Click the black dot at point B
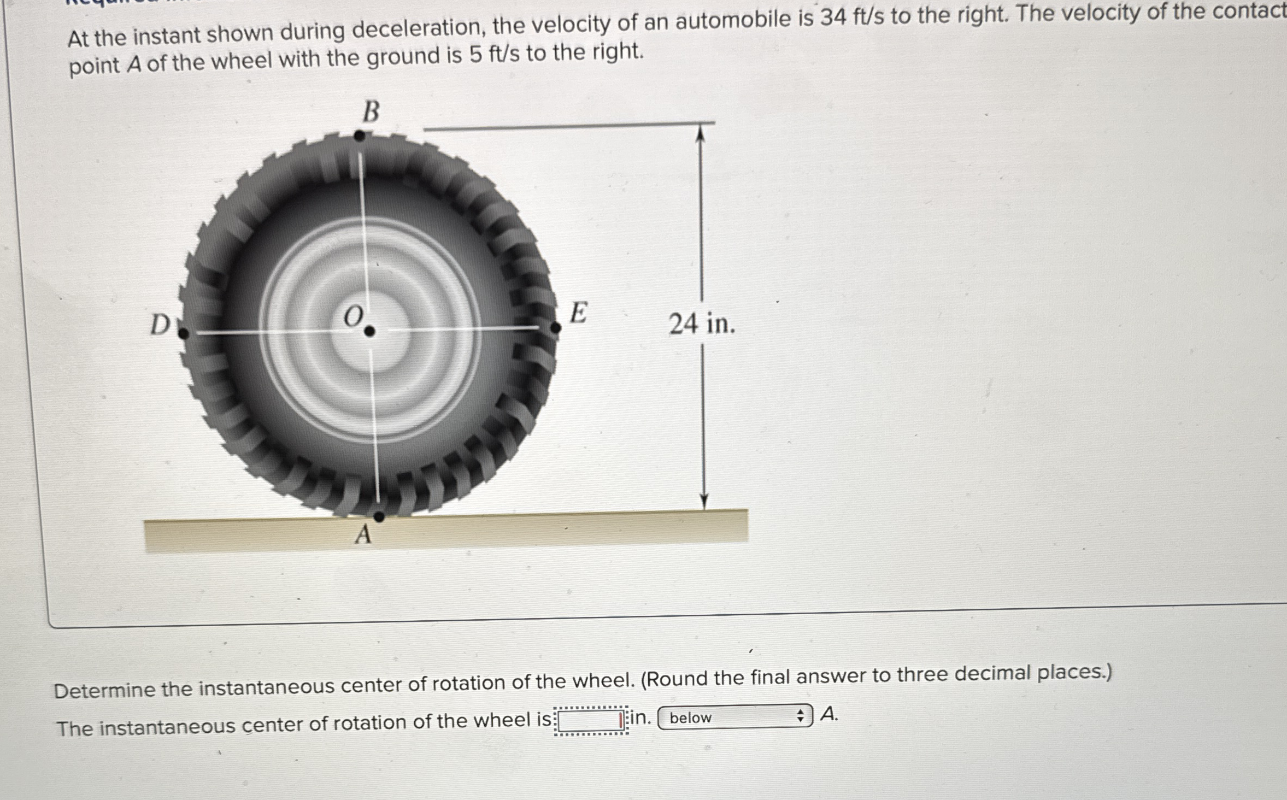tap(360, 136)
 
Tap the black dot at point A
tap(379, 516)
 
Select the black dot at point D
tap(184, 333)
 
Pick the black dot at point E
tap(555, 328)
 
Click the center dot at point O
tap(369, 331)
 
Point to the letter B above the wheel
tap(371, 112)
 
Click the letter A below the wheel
tap(363, 534)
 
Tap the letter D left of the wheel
tap(160, 325)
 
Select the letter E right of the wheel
tap(578, 313)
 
